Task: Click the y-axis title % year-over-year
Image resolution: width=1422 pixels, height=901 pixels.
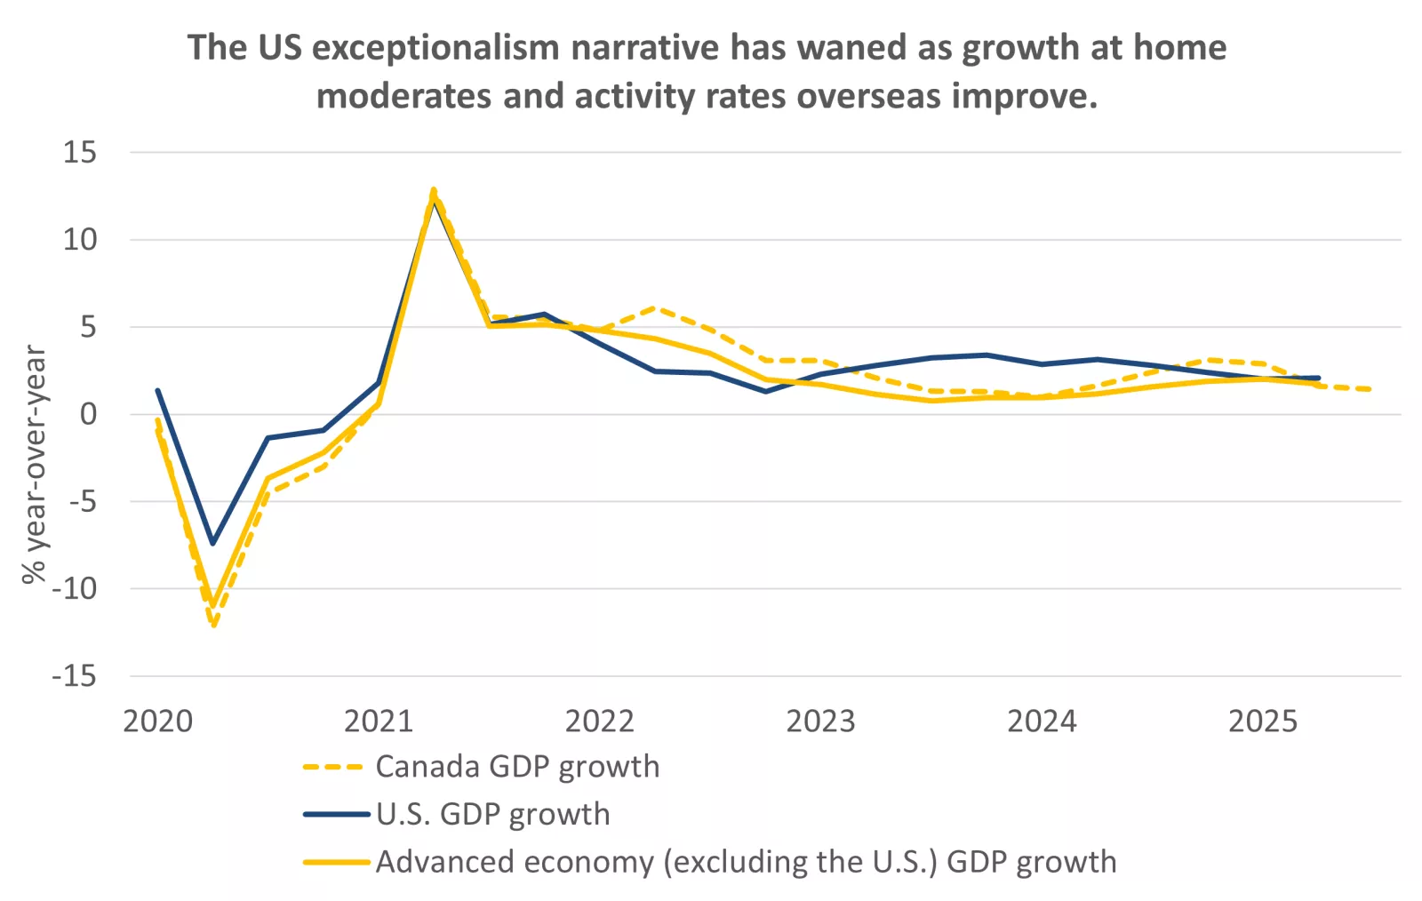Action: click(x=34, y=464)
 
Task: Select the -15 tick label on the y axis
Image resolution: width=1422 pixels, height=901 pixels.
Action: click(x=74, y=676)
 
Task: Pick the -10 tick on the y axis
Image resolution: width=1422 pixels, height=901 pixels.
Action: click(x=74, y=589)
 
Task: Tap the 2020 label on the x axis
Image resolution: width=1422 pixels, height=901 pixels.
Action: click(x=157, y=722)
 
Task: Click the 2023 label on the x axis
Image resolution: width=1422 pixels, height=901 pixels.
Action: click(x=820, y=722)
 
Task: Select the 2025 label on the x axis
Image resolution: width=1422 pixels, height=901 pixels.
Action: click(x=1262, y=722)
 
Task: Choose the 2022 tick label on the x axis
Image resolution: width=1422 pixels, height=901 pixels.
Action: click(x=599, y=722)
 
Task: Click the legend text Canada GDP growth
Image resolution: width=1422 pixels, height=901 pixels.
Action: click(x=517, y=767)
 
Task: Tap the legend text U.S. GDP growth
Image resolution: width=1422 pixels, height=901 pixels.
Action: click(x=493, y=815)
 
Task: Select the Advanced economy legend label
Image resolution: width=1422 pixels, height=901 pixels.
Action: click(x=746, y=863)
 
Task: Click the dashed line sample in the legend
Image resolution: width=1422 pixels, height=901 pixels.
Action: click(x=334, y=767)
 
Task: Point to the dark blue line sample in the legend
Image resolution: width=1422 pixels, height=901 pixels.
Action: click(x=336, y=814)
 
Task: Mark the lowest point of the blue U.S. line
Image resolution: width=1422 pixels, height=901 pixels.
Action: click(x=212, y=543)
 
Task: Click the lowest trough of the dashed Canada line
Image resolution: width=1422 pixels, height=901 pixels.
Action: click(x=213, y=625)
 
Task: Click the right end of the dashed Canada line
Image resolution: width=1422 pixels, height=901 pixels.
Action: click(x=1370, y=389)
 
